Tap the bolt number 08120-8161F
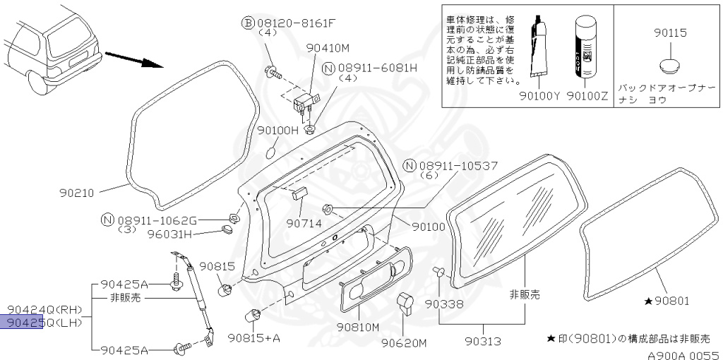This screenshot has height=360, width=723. (294, 23)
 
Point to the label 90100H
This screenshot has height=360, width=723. (278, 130)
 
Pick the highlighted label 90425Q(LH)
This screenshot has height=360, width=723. (46, 323)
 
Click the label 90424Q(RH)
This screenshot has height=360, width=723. (46, 309)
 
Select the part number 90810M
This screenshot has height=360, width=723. (358, 327)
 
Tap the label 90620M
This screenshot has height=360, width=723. (405, 344)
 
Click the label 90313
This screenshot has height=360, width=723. (483, 342)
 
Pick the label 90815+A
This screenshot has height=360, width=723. (254, 337)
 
